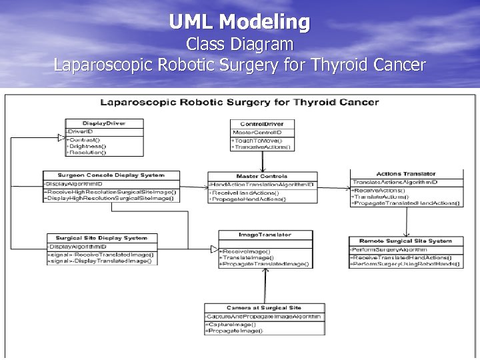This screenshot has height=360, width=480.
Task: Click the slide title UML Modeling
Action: [239, 22]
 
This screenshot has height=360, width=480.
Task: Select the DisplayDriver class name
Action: [103, 123]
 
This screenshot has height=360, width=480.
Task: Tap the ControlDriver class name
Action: [262, 123]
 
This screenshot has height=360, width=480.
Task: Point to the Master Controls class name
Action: [262, 176]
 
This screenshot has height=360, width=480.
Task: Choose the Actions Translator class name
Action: [405, 174]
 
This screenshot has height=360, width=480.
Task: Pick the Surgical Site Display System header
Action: [101, 238]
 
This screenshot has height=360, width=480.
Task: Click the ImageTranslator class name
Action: [265, 235]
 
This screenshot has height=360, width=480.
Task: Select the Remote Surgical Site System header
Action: [405, 241]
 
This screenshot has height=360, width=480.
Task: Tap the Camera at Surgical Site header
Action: [264, 308]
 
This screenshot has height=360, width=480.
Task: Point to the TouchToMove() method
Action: [257, 141]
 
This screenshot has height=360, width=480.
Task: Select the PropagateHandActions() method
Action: [248, 199]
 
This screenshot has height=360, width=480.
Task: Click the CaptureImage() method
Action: [232, 324]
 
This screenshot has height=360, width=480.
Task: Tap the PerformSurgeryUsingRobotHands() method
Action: [407, 264]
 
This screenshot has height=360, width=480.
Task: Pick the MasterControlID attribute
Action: [253, 132]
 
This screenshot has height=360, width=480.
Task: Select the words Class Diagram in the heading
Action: [239, 45]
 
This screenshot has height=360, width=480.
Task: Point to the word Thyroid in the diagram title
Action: [313, 102]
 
